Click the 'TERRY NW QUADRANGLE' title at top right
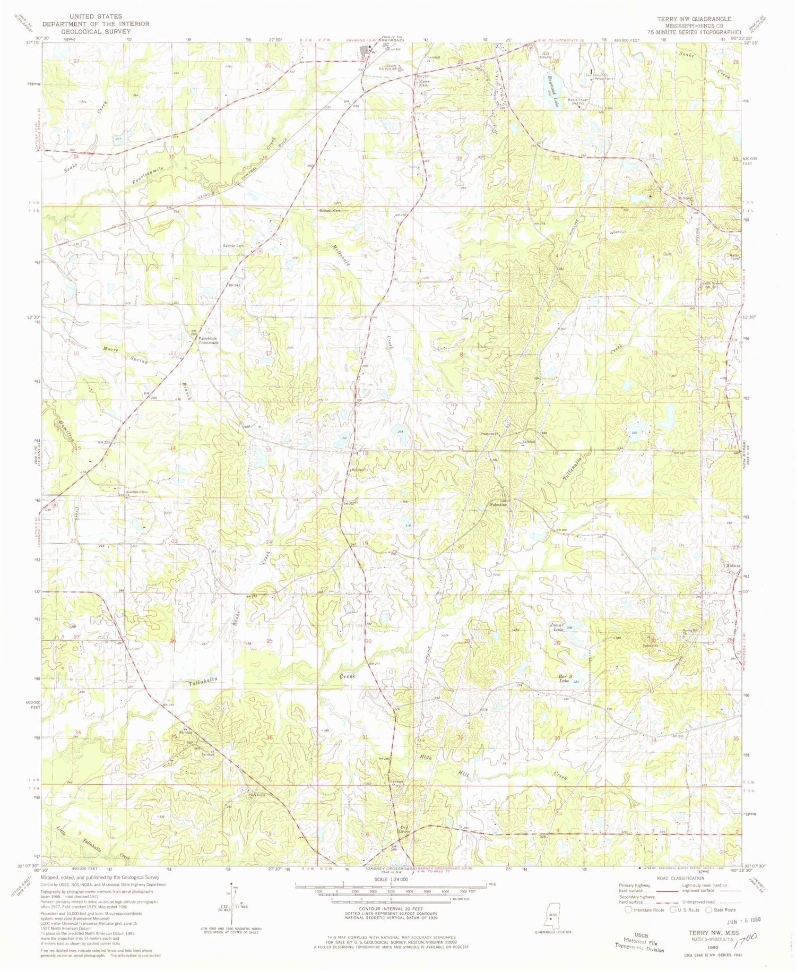(x=694, y=19)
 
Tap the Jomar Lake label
(x=558, y=627)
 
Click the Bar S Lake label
(x=565, y=678)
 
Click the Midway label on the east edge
(x=733, y=565)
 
